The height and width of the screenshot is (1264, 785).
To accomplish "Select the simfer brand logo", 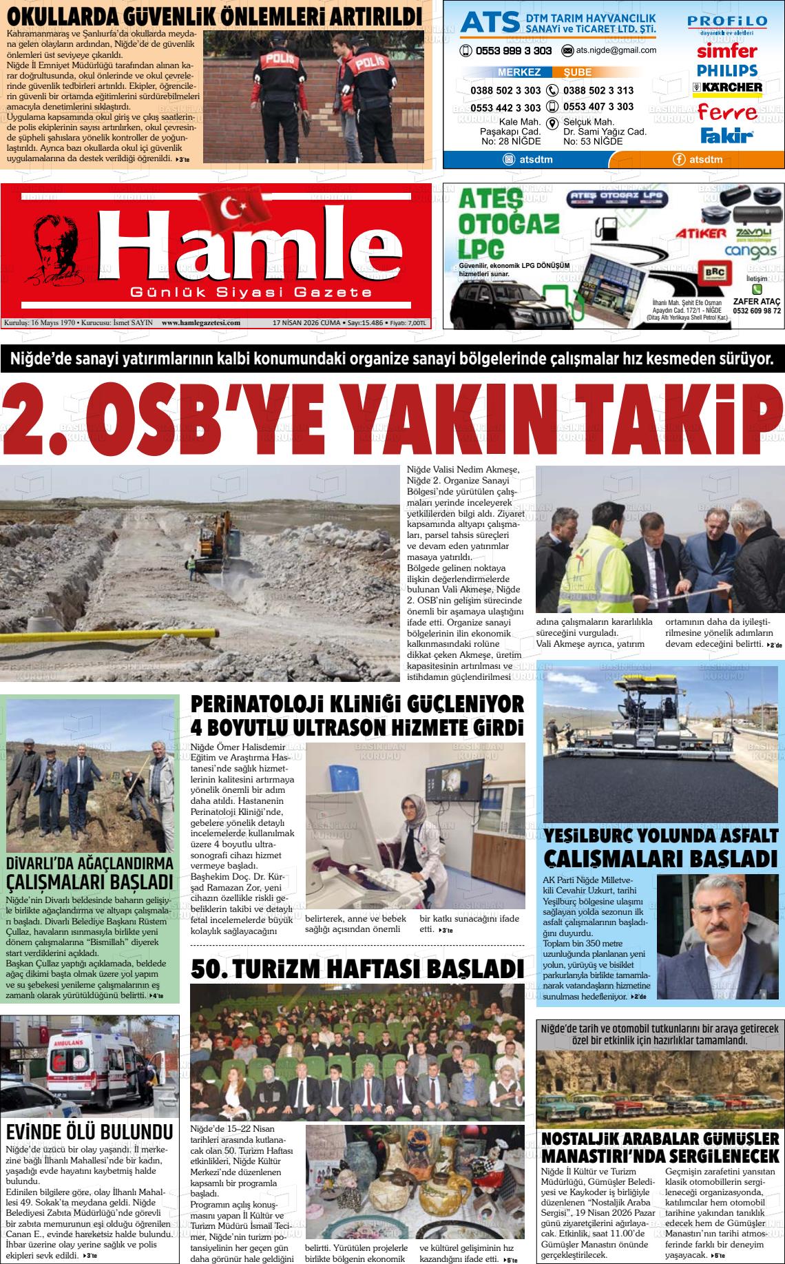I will point(726,51).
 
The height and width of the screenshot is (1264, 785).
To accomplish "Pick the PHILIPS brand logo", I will point(726,70).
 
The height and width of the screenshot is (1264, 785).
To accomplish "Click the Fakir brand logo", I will point(726,135).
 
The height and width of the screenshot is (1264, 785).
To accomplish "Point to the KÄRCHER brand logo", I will point(727,87).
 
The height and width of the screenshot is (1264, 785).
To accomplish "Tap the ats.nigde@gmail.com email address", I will point(616,50).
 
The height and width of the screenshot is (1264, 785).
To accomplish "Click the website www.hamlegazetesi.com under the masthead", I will point(200,322).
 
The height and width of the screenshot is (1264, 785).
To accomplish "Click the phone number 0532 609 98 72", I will point(757,311).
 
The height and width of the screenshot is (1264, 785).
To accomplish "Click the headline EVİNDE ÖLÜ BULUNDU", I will point(89,1132).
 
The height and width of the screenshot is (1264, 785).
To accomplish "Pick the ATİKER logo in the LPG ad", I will point(700,234).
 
